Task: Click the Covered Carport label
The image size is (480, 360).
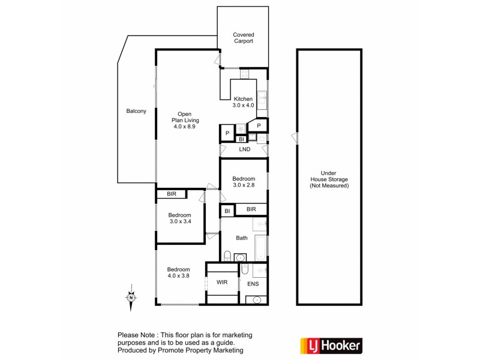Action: click(x=243, y=38)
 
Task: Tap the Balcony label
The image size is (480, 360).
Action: click(x=136, y=111)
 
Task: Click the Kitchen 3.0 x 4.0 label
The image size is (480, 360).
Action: click(x=244, y=102)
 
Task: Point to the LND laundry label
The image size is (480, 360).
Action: click(x=244, y=149)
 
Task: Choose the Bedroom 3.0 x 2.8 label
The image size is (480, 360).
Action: click(x=244, y=182)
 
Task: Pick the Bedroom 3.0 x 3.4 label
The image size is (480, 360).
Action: click(x=179, y=219)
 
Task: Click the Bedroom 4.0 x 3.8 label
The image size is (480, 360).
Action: click(x=178, y=273)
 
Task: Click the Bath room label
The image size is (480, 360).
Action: click(x=242, y=238)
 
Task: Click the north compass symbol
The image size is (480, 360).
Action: click(x=131, y=297)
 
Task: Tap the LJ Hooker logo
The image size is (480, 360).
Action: click(x=331, y=345)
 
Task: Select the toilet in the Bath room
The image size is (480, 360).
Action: click(x=226, y=257)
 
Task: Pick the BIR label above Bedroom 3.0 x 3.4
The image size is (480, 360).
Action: click(x=172, y=194)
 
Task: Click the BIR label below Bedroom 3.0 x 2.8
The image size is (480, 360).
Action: click(x=251, y=209)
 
